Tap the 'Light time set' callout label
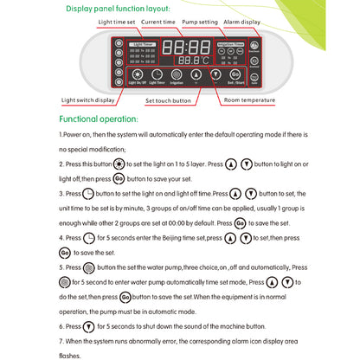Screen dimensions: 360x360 point(117,23)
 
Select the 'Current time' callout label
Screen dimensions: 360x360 point(159,23)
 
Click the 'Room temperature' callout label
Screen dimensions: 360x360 point(247,100)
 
